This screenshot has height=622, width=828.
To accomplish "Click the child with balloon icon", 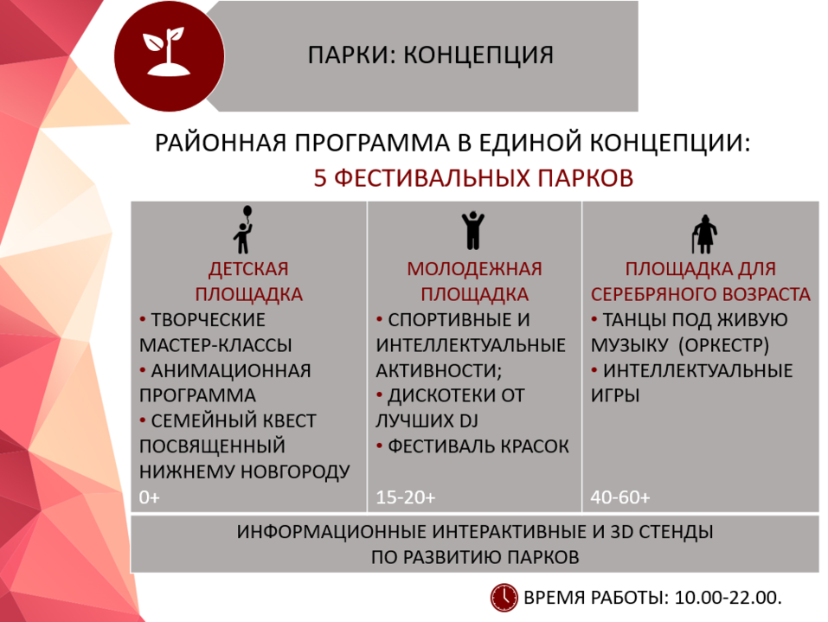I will point(243,230).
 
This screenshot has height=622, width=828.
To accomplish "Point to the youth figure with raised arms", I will point(472,230).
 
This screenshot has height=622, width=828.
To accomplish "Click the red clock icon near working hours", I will point(504,597).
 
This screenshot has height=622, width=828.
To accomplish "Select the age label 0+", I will point(150,497).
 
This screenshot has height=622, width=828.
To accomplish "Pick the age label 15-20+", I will point(406,497).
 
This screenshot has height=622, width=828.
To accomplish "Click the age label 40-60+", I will point(620,497).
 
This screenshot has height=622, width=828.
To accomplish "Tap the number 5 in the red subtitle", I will point(319,177).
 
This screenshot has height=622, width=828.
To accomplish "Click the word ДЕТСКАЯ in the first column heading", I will point(248,268).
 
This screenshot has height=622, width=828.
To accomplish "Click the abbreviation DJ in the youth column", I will point(467,420).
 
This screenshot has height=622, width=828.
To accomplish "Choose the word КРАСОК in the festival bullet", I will point(534,446).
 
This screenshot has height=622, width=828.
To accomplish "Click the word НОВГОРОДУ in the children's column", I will point(298,471).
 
